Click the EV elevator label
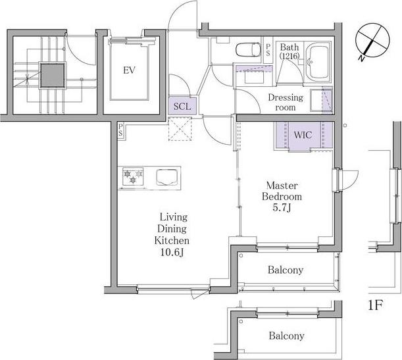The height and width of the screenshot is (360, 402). point(129,70)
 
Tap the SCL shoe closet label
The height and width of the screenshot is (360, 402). point(182,106)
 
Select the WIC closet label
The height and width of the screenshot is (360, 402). point(303,135)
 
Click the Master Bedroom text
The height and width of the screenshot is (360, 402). point(282,191)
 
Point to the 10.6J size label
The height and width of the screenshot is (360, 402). point(172,253)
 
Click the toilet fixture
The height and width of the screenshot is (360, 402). point(248,50)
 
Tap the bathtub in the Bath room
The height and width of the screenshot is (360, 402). point(318,62)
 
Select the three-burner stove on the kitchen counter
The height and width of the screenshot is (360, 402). point(133,176)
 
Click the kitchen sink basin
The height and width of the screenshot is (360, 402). point(166,177)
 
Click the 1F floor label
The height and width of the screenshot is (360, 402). point(375,305)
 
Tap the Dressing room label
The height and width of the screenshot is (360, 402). point(286,102)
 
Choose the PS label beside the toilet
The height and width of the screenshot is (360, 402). point(268,50)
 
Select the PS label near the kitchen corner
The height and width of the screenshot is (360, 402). point(120,130)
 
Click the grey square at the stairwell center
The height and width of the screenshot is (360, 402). point(52,76)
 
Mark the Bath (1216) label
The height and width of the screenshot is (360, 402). point(289,51)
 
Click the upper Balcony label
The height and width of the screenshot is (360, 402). point(286,270)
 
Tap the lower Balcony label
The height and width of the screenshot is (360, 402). point(286,336)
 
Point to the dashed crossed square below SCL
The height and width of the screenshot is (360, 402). point(180,129)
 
